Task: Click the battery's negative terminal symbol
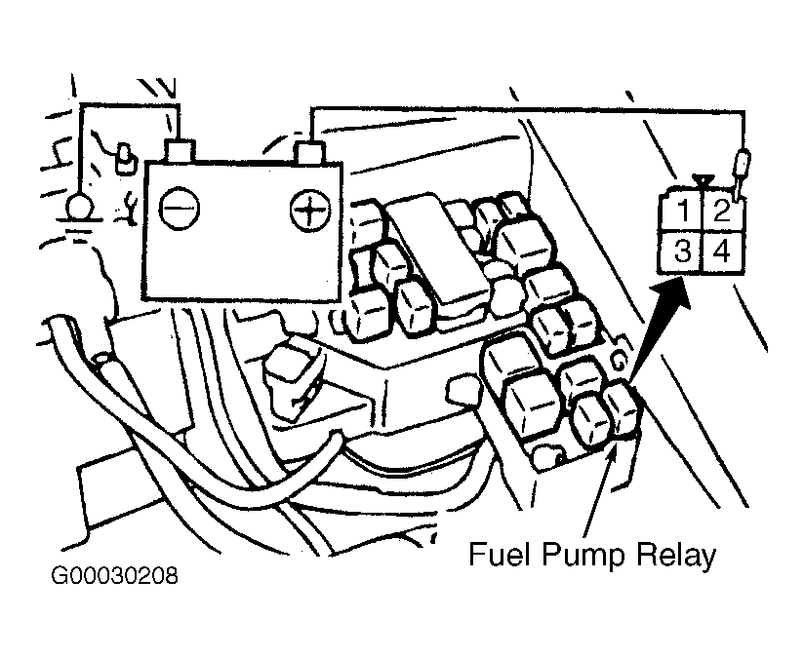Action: [179, 209]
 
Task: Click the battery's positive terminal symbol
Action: [310, 210]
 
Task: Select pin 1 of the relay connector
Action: [682, 211]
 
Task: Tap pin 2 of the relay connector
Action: [723, 211]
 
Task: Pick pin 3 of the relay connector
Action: [682, 251]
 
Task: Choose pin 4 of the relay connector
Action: [723, 251]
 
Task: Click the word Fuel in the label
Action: [499, 554]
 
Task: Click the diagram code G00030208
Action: [114, 575]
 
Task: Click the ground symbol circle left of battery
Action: [80, 208]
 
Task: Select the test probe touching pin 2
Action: [741, 174]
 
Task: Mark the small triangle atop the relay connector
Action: [703, 181]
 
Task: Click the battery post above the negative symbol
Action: [179, 149]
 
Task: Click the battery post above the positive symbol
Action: [309, 153]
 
